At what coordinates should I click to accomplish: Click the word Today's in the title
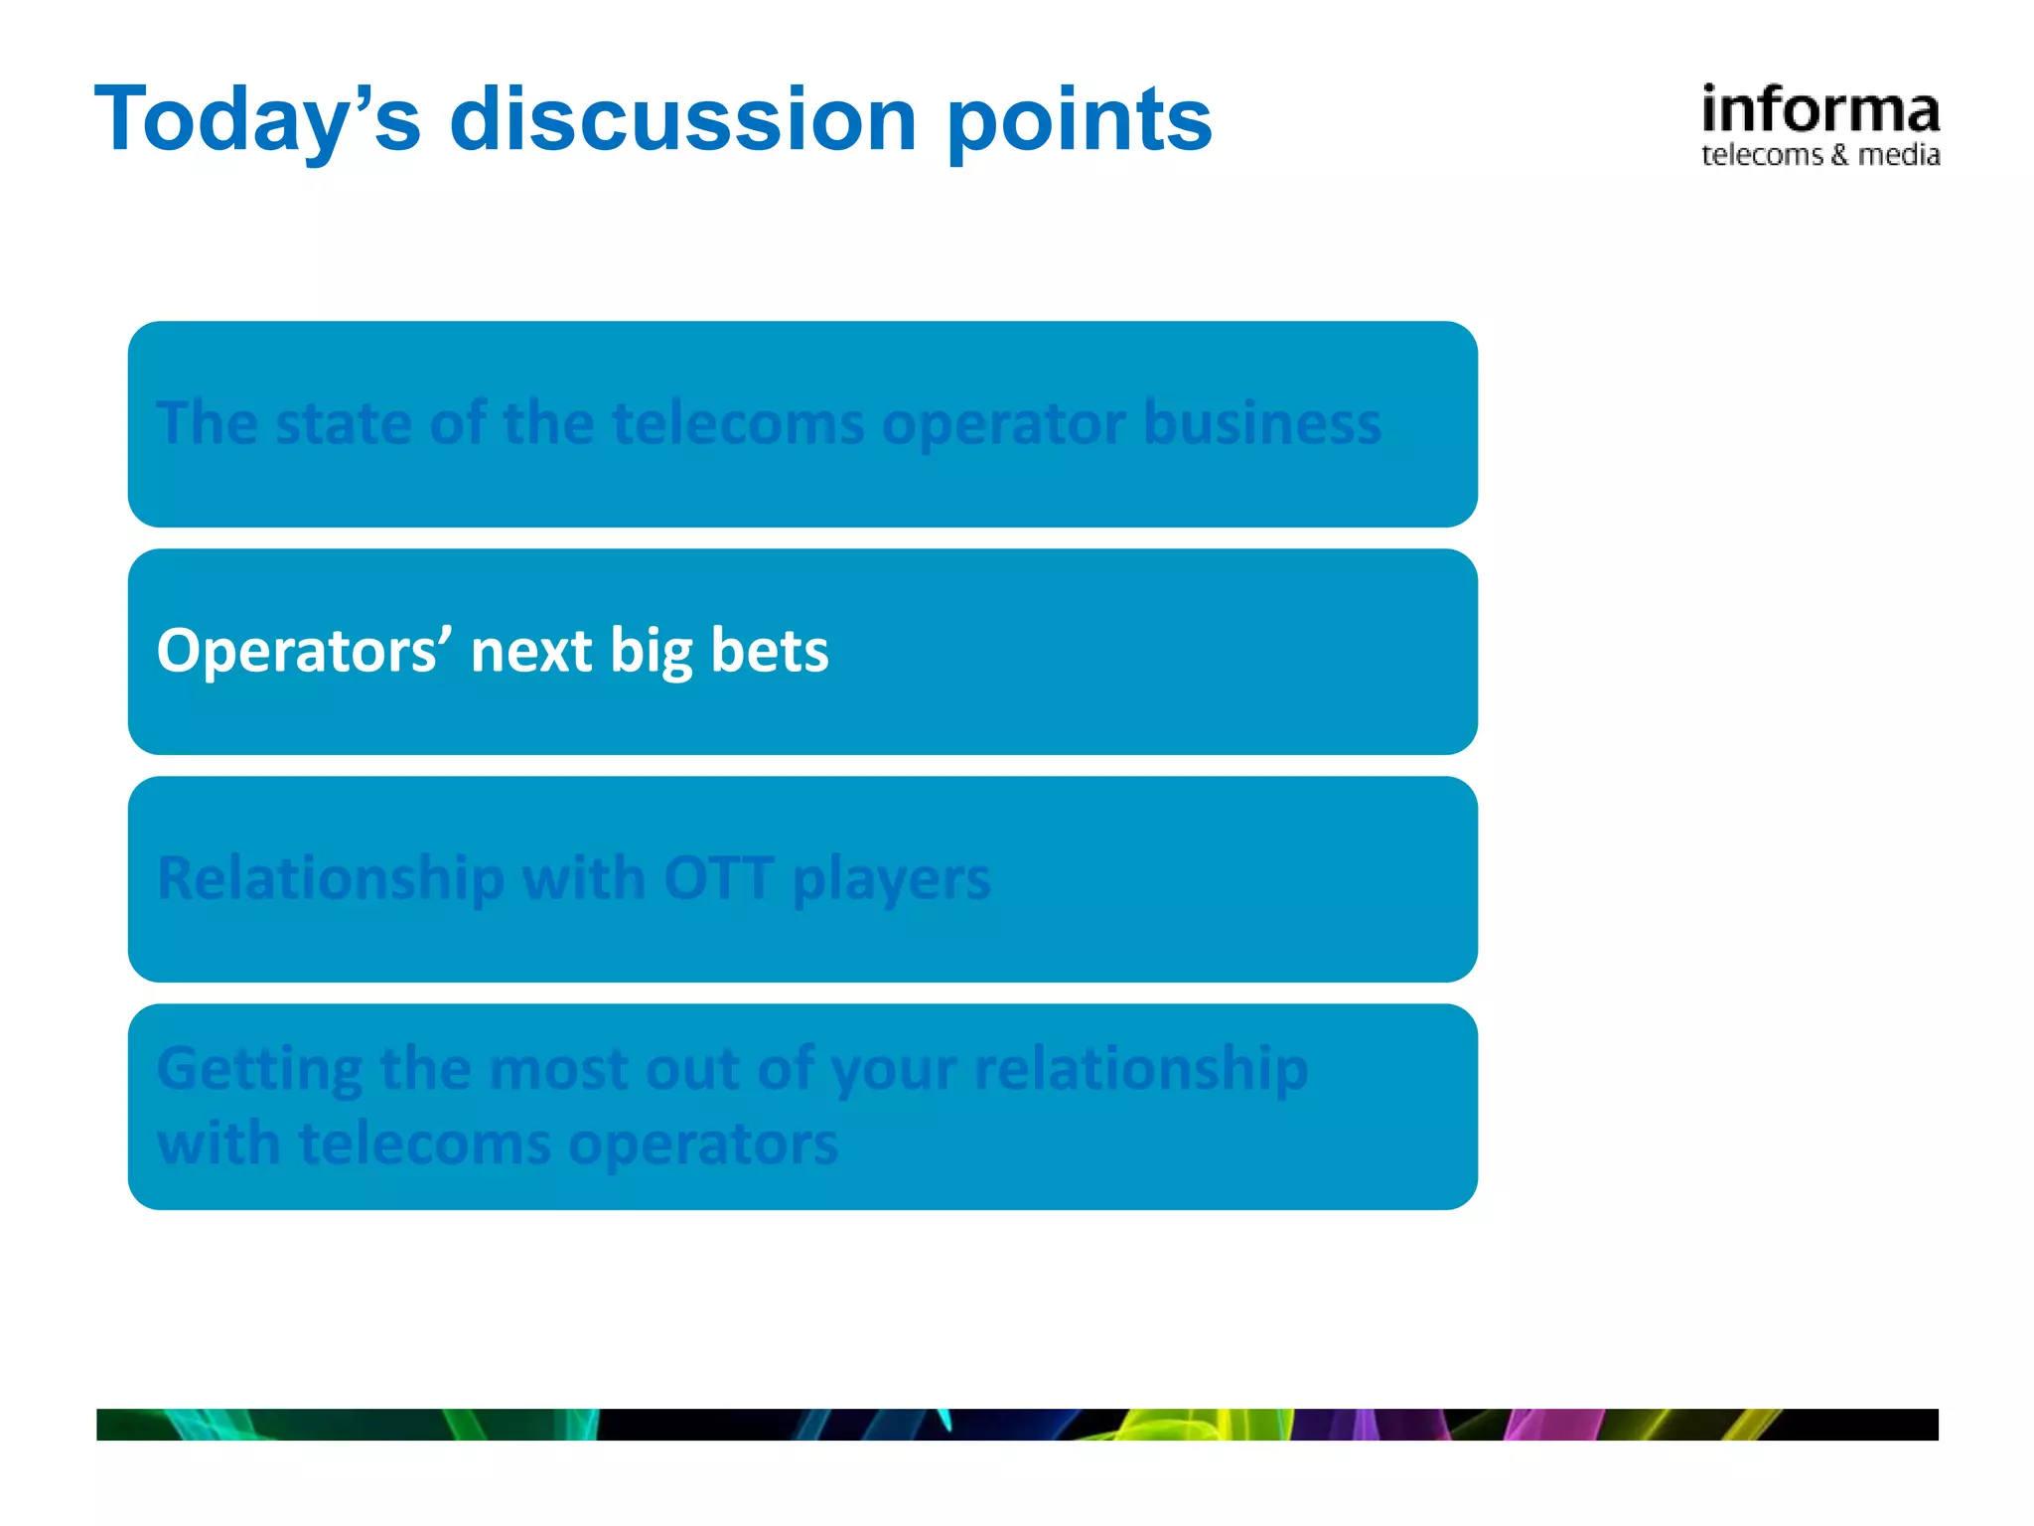(x=257, y=119)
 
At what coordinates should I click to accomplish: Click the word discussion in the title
(x=683, y=119)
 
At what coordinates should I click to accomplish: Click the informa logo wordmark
(x=1819, y=109)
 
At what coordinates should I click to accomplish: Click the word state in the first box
(x=342, y=423)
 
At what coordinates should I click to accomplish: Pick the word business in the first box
(x=1261, y=423)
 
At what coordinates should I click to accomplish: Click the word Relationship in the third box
(x=331, y=879)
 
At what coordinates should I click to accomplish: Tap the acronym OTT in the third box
(x=718, y=878)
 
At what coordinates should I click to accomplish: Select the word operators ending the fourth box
(x=703, y=1144)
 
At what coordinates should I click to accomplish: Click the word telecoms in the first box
(x=738, y=423)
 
